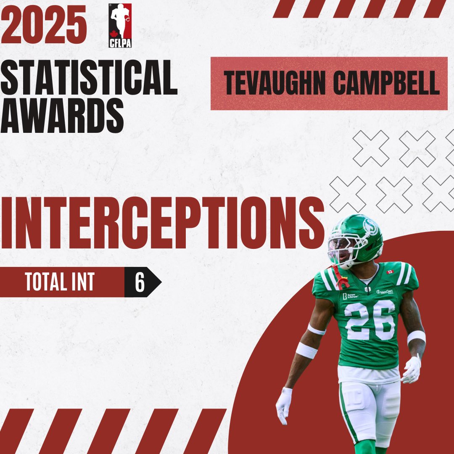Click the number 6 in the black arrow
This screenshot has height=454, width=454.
pyautogui.click(x=140, y=283)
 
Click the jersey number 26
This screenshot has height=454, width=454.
pyautogui.click(x=370, y=320)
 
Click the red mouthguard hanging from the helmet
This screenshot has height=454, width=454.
pyautogui.click(x=340, y=279)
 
